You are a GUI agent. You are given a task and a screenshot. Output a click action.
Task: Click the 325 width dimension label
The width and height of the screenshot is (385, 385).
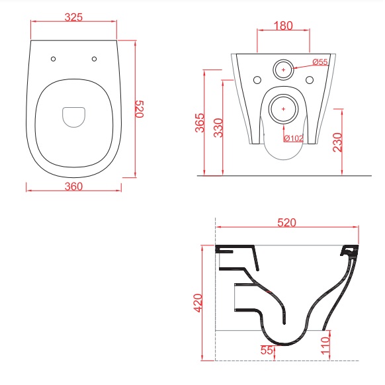(x=73, y=17)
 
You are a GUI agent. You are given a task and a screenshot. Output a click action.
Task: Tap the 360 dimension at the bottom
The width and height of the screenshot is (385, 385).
(x=73, y=187)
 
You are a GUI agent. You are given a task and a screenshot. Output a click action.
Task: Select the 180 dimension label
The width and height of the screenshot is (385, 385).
(x=283, y=26)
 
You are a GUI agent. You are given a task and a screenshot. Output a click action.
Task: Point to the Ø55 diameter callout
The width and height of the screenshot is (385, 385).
(x=320, y=62)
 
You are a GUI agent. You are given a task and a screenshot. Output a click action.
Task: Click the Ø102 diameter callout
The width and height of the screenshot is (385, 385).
(x=294, y=138)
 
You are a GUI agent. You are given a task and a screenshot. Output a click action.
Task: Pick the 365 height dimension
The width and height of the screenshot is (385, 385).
(x=200, y=123)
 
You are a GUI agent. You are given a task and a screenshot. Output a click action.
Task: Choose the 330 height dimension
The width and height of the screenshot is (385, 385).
(x=218, y=128)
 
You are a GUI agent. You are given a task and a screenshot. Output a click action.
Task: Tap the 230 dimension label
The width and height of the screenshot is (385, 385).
(x=337, y=142)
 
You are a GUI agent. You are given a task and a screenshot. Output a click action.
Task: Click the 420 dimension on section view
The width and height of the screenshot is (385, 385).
(x=198, y=303)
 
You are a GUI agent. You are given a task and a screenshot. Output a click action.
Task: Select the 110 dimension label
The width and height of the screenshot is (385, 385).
(x=325, y=346)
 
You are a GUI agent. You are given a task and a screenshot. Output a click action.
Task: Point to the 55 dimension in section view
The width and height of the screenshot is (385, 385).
(x=267, y=350)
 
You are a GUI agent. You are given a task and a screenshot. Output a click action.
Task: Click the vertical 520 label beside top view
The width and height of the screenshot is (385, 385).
(x=139, y=109)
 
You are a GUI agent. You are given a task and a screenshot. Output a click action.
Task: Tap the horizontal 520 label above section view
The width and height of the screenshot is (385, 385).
(x=287, y=223)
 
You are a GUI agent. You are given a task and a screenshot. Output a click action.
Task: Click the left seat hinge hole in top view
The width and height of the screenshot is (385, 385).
(x=54, y=59)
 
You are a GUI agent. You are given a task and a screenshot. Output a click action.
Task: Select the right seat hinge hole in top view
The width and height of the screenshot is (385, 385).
(x=95, y=59)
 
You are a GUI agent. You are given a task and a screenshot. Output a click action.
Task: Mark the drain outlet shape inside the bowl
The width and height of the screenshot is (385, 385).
(x=73, y=117)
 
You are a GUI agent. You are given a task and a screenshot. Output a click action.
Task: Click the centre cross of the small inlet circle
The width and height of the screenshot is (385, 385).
(x=284, y=69)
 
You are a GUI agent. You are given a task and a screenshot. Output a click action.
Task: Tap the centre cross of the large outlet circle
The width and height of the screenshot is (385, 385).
(x=284, y=108)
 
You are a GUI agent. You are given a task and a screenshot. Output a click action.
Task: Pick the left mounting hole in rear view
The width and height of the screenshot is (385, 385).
(x=257, y=80)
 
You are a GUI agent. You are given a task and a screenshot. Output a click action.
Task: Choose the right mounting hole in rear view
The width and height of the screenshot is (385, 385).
(x=310, y=80)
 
